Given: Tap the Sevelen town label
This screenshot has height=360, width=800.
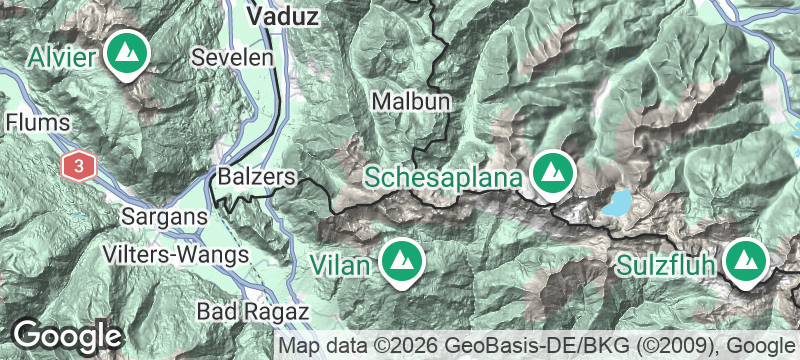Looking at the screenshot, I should coord(233,56).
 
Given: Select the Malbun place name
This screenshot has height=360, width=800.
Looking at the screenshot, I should coord(410,101).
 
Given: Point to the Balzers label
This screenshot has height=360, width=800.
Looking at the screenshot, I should coord(258,177).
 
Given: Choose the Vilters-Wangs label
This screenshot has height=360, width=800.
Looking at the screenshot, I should coord(175,255).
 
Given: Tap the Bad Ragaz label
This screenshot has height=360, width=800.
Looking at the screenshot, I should coord(251,310).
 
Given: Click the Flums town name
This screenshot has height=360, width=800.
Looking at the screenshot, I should coord(38,123).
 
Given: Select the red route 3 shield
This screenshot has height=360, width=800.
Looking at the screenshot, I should coord(78,165).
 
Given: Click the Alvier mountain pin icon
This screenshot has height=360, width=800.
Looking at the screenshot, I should coord(127,51).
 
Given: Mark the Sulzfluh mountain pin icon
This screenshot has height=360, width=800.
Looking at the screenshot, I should coord(743,260).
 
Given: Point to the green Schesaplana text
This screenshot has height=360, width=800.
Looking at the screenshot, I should coord(443,178).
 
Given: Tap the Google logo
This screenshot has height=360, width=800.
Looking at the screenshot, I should coord(67,335).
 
